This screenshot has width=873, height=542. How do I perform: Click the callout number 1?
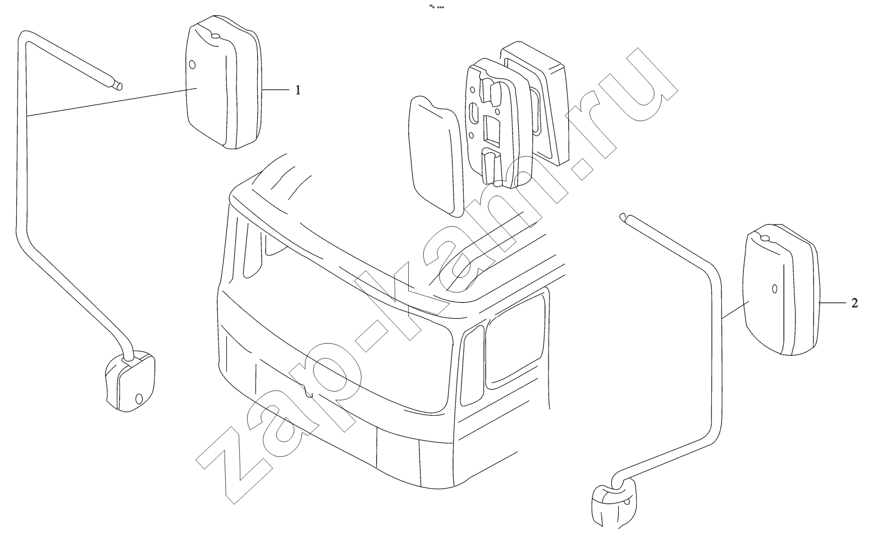pos(298,90)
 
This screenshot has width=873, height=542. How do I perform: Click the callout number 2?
pos(854,303)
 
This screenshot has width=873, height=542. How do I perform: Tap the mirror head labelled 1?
pos(223,82)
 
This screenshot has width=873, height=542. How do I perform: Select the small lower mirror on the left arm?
pos(130,381)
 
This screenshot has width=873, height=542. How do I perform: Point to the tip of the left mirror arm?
pos(120,86)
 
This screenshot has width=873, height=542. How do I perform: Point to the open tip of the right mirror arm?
pos(623,217)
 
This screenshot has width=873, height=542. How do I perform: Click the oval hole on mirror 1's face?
pos(191,65)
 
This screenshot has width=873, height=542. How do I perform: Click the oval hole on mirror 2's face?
pos(775,288)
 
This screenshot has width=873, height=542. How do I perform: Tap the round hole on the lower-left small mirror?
pos(139,399)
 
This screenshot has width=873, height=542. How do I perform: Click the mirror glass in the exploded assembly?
pos(437,156)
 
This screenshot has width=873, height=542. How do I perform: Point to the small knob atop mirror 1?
pos(215,36)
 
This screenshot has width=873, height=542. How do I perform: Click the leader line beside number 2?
pos(831,302)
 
